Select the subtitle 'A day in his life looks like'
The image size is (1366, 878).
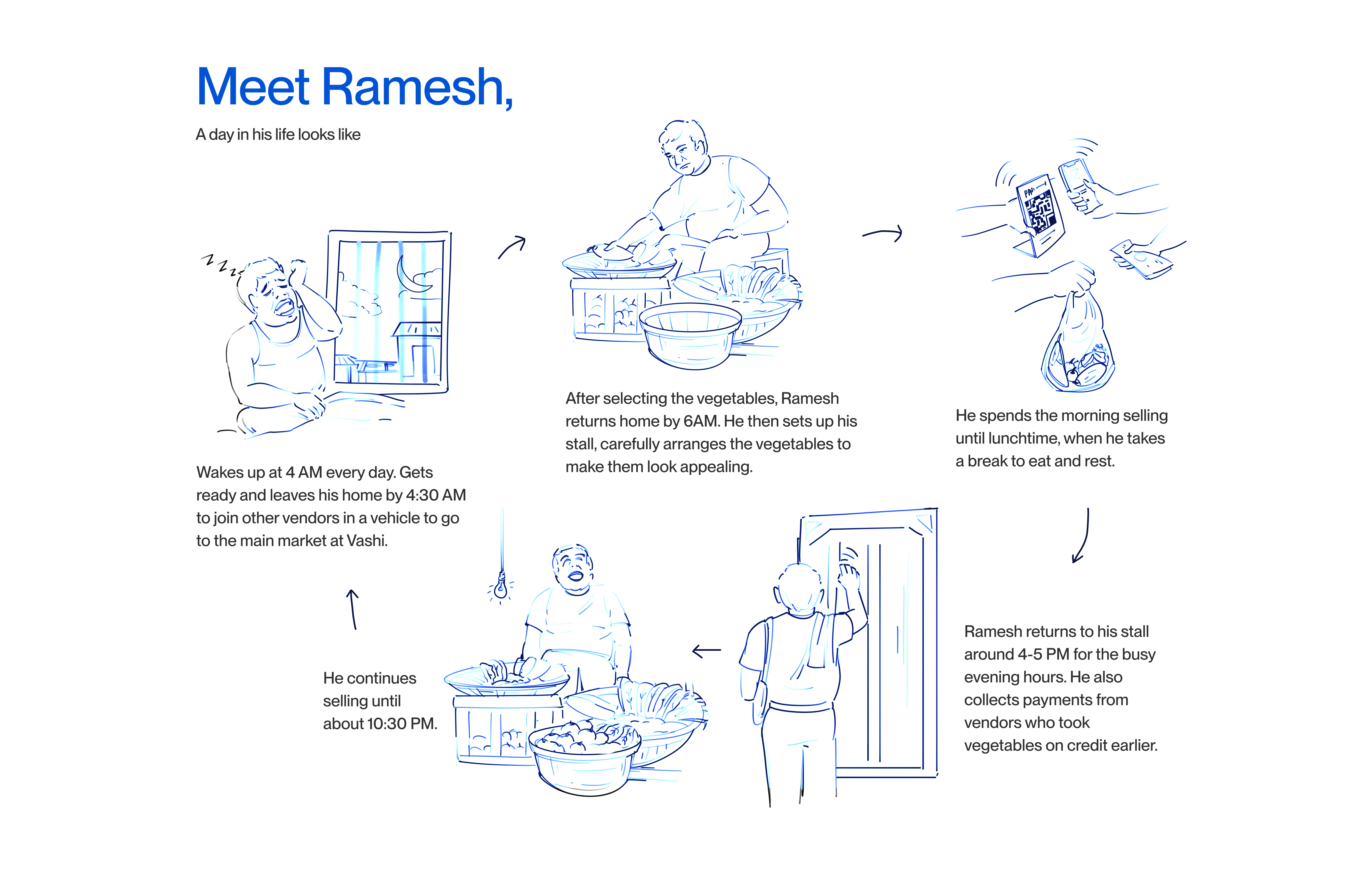[x=278, y=135]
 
